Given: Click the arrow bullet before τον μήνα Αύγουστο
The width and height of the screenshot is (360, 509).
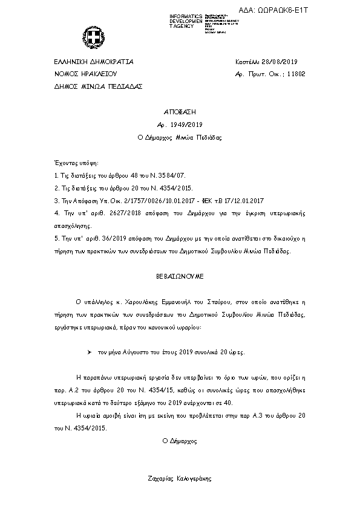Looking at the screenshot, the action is click(89, 351).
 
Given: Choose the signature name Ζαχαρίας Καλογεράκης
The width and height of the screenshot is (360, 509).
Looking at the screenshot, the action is click(180, 478).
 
